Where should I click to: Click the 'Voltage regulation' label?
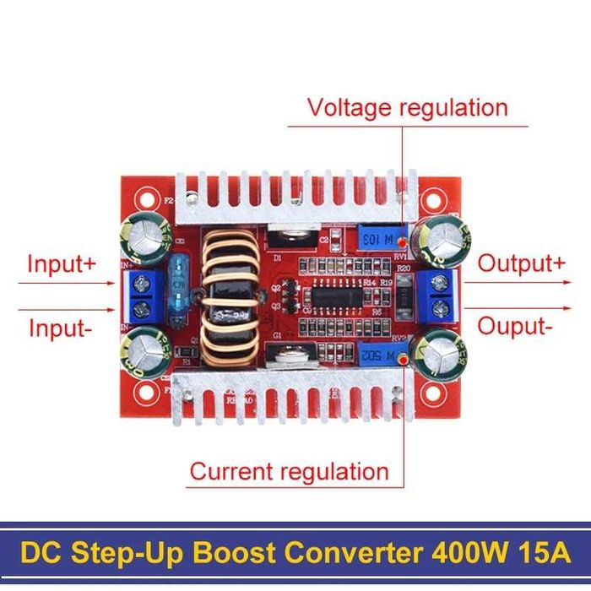point(408,108)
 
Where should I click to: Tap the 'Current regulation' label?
point(289,471)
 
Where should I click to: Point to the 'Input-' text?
point(59,328)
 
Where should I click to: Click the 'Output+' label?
point(521,263)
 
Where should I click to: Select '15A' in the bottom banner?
point(541,554)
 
